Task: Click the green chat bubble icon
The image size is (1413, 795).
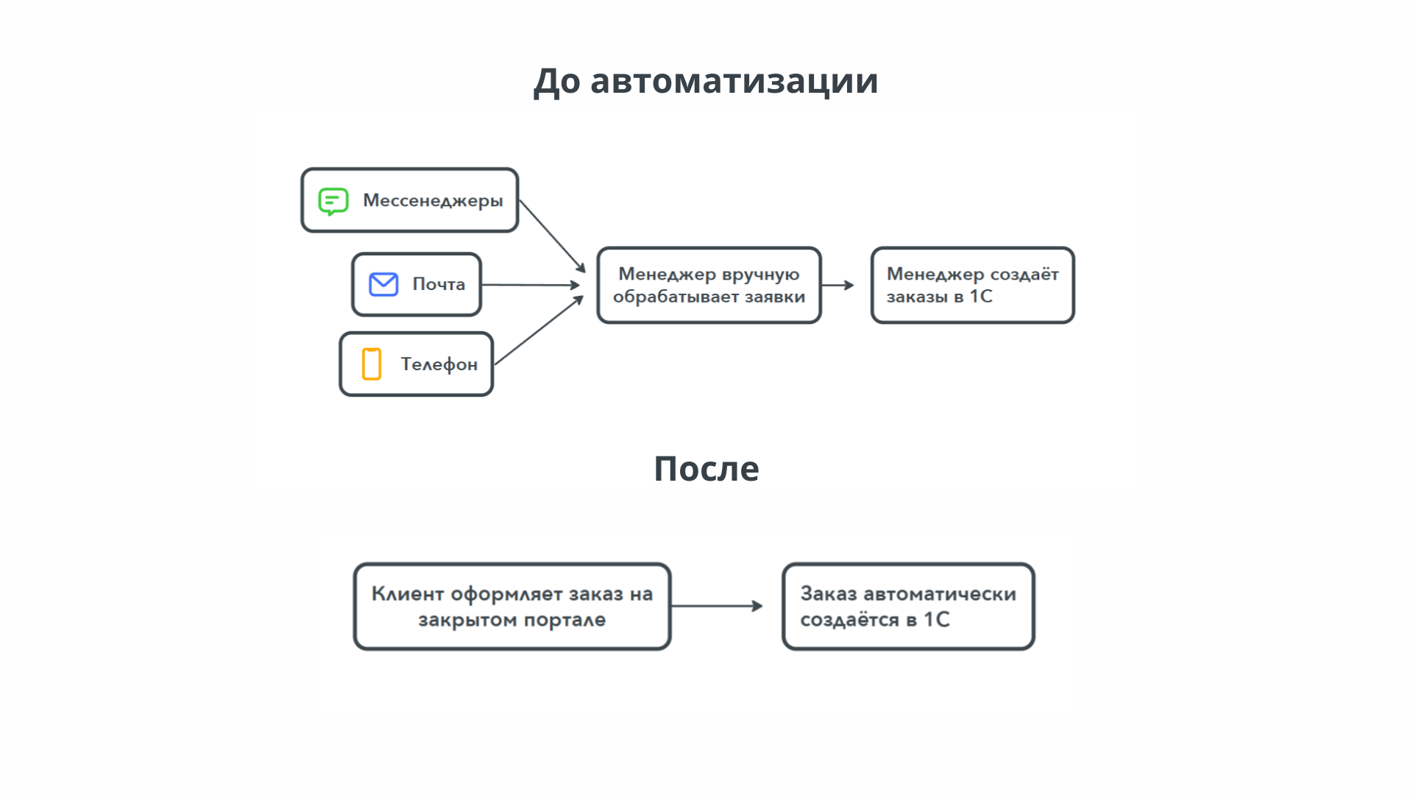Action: (333, 201)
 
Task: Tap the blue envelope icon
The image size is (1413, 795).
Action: (383, 284)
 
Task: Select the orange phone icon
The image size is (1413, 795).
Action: (372, 364)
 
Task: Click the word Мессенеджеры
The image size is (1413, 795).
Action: (433, 201)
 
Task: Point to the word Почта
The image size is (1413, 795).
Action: (439, 284)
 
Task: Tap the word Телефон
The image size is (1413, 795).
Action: (439, 364)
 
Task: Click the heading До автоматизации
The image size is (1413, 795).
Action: (706, 80)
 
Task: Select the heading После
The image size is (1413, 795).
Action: (706, 468)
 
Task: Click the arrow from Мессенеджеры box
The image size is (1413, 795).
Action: (552, 236)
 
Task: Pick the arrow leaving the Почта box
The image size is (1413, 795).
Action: (530, 285)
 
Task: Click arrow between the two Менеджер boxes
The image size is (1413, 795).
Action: (837, 285)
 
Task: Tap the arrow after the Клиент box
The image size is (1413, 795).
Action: (717, 606)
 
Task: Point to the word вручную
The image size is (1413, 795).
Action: (761, 275)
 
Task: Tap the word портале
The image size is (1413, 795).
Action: (564, 620)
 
